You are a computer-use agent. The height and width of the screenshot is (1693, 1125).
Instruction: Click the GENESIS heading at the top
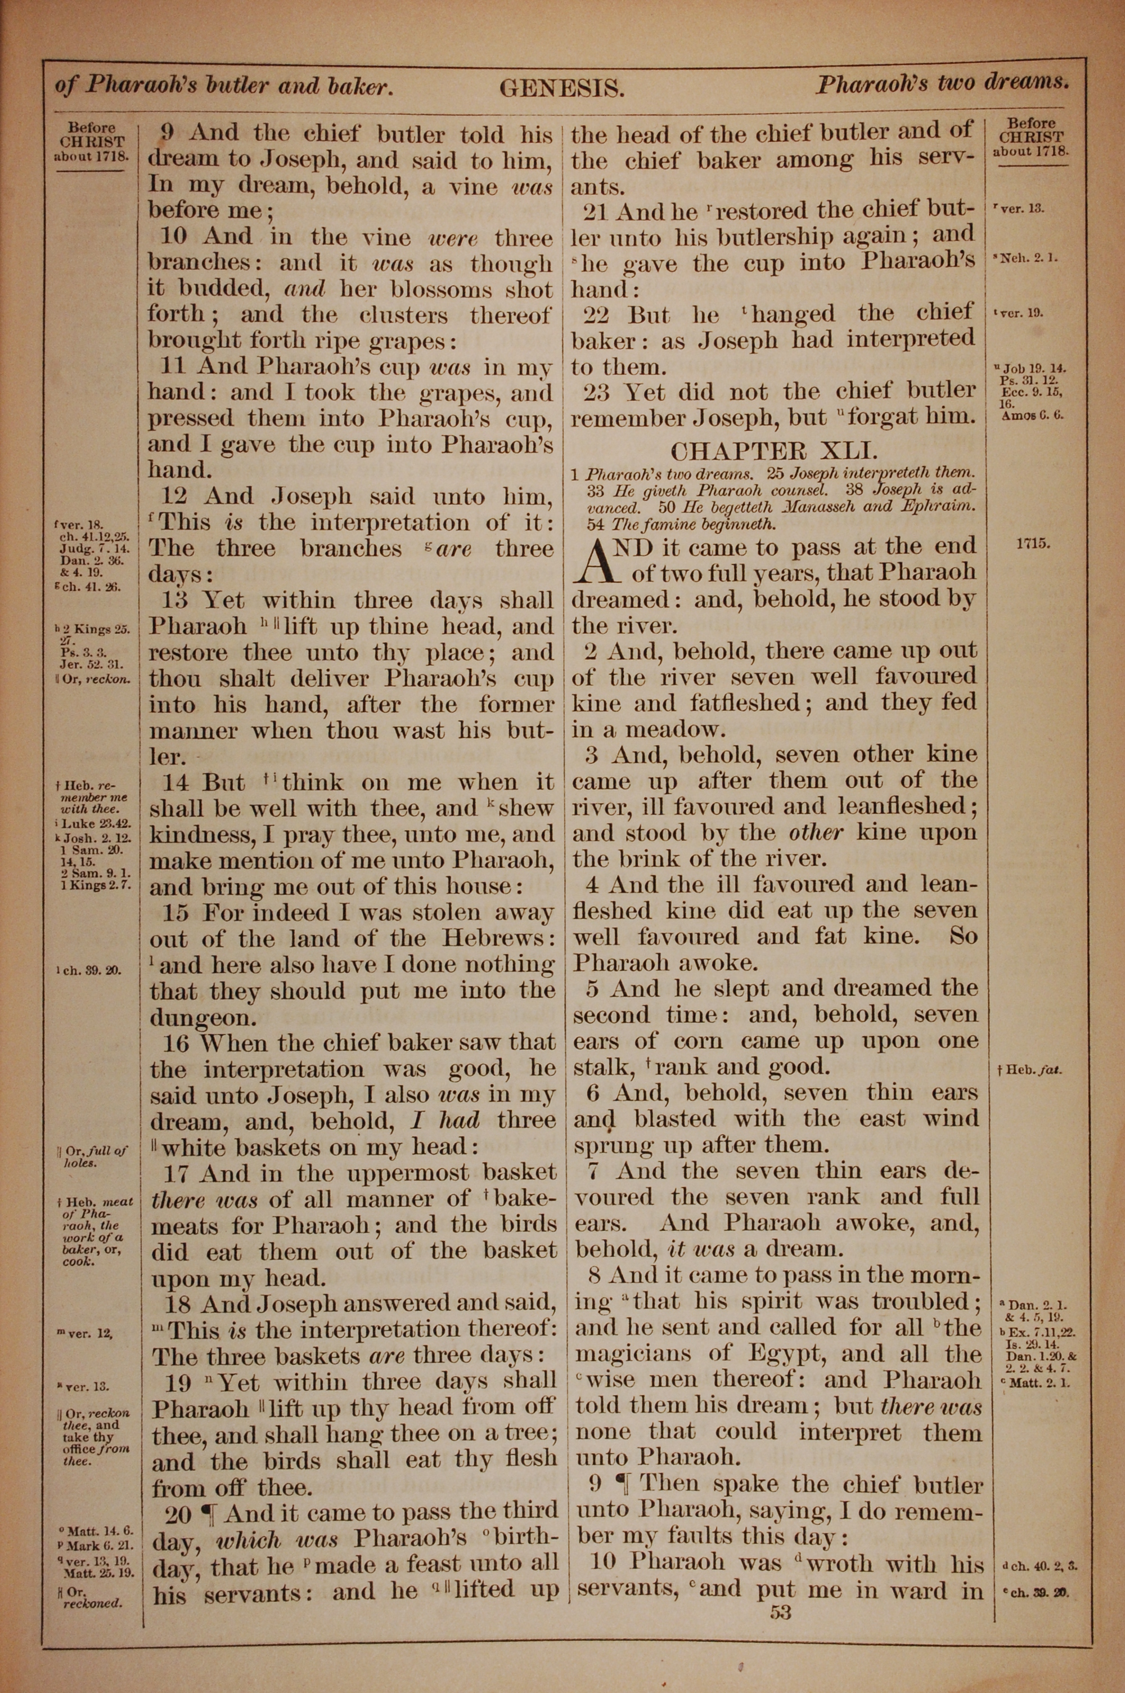click(x=562, y=88)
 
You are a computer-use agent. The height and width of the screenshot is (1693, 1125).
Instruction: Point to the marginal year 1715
click(x=1033, y=543)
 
